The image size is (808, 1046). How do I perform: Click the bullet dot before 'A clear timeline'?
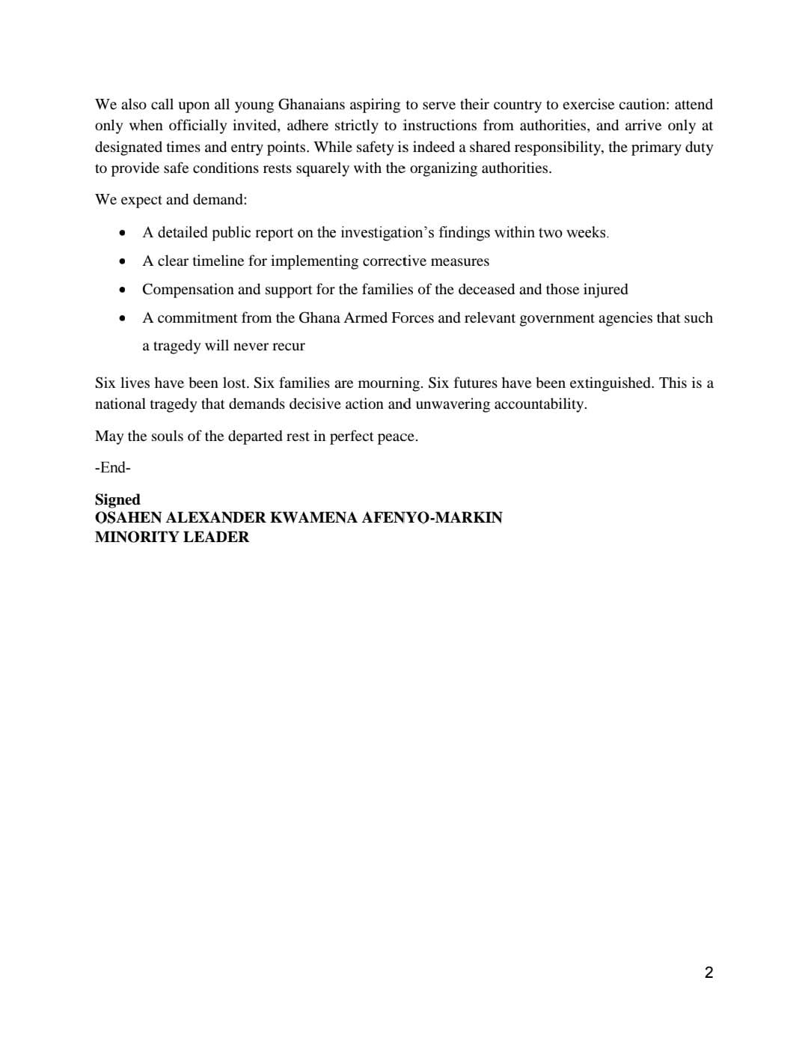(x=122, y=261)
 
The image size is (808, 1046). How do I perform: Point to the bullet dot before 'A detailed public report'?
(x=122, y=233)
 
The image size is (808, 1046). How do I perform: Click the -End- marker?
(x=113, y=468)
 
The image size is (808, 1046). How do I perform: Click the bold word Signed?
(x=117, y=500)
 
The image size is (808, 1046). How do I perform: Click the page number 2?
(x=708, y=973)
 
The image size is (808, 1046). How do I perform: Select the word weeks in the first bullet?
(x=586, y=233)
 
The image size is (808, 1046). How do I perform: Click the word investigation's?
(x=387, y=233)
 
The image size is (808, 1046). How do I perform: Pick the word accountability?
(x=539, y=404)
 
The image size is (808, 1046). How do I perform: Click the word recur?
(x=288, y=346)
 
